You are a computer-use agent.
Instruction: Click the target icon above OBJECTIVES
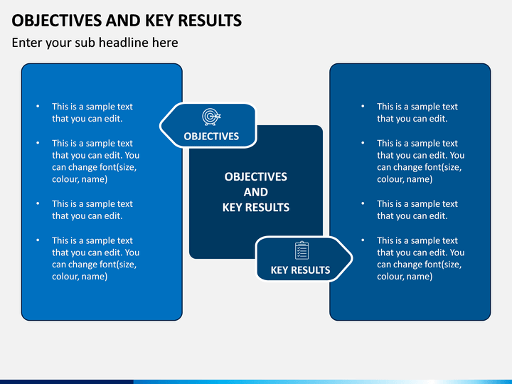211,116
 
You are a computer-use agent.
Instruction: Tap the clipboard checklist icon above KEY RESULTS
302,250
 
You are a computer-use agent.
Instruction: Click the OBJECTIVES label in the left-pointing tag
211,136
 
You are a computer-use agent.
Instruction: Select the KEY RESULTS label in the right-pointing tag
300,270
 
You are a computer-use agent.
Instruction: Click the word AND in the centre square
256,192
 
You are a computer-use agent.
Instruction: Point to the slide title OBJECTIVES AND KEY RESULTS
127,21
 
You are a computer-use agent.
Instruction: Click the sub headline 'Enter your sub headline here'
95,43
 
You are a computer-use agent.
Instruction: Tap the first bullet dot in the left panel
38,107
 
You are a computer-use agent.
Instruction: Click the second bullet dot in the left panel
38,143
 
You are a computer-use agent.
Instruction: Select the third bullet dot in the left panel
38,204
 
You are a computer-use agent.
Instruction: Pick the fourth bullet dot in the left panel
38,240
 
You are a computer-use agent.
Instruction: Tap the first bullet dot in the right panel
363,107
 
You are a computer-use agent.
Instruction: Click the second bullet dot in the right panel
363,143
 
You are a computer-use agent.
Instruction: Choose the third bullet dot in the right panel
363,204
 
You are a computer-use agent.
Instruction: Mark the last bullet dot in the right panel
363,240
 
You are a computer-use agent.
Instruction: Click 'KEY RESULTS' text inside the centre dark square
256,208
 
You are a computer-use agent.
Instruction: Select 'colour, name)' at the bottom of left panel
80,277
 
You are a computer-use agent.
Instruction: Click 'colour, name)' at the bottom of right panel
405,277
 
